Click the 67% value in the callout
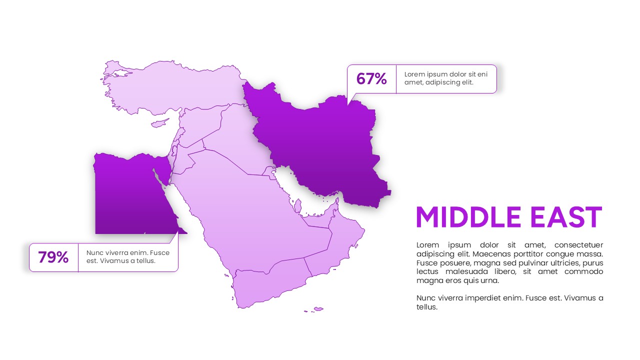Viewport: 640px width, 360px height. tap(371, 79)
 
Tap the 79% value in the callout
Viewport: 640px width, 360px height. tap(53, 257)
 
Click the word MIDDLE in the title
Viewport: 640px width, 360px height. tap(468, 217)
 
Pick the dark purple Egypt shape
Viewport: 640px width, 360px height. tap(125, 195)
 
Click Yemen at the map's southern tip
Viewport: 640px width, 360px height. tap(265, 285)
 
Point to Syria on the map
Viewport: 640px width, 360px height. tap(200, 122)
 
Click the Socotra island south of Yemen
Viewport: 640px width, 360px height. tap(318, 309)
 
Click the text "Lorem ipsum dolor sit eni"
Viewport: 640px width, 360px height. tap(445, 74)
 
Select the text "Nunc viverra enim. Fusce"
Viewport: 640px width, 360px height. tap(128, 252)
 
